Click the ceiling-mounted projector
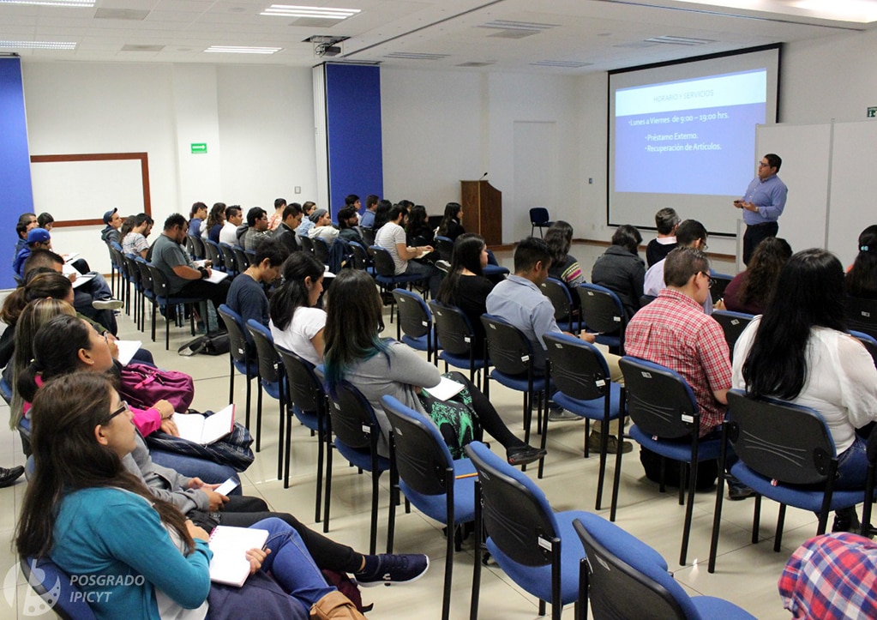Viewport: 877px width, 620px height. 327,46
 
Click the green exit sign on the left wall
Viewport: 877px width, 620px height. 198,148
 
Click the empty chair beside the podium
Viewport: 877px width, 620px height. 539,220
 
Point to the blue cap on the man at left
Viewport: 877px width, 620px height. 38,235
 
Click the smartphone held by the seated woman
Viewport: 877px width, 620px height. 226,486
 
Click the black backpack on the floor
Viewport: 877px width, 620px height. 205,344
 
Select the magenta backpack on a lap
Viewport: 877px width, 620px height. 156,385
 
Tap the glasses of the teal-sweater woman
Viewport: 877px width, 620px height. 117,413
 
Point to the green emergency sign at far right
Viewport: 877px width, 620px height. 871,111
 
